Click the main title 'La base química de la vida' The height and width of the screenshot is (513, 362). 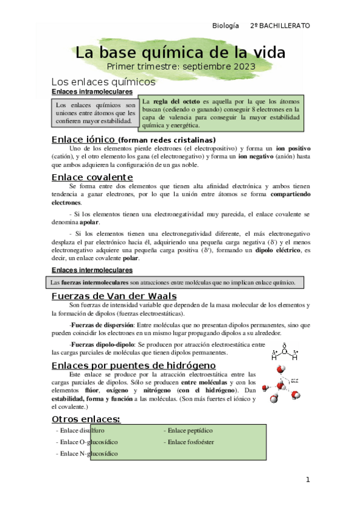[179, 52]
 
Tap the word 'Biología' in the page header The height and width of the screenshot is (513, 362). [227, 26]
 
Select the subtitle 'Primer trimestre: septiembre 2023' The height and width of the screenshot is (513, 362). [181, 66]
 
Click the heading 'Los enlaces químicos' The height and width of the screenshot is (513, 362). [103, 81]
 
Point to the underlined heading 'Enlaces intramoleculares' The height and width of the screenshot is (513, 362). [92, 91]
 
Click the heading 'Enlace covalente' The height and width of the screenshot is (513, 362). [92, 177]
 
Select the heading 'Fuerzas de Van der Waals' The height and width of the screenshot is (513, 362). [114, 296]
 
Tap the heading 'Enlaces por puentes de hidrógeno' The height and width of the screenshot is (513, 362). [134, 365]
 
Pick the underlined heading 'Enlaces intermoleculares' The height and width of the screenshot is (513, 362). [92, 270]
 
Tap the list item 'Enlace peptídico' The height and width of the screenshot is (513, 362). [190, 431]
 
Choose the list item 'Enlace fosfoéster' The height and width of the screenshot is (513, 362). [192, 442]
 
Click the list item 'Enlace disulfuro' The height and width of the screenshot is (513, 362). [80, 431]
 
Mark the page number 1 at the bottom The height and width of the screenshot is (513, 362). [307, 480]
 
